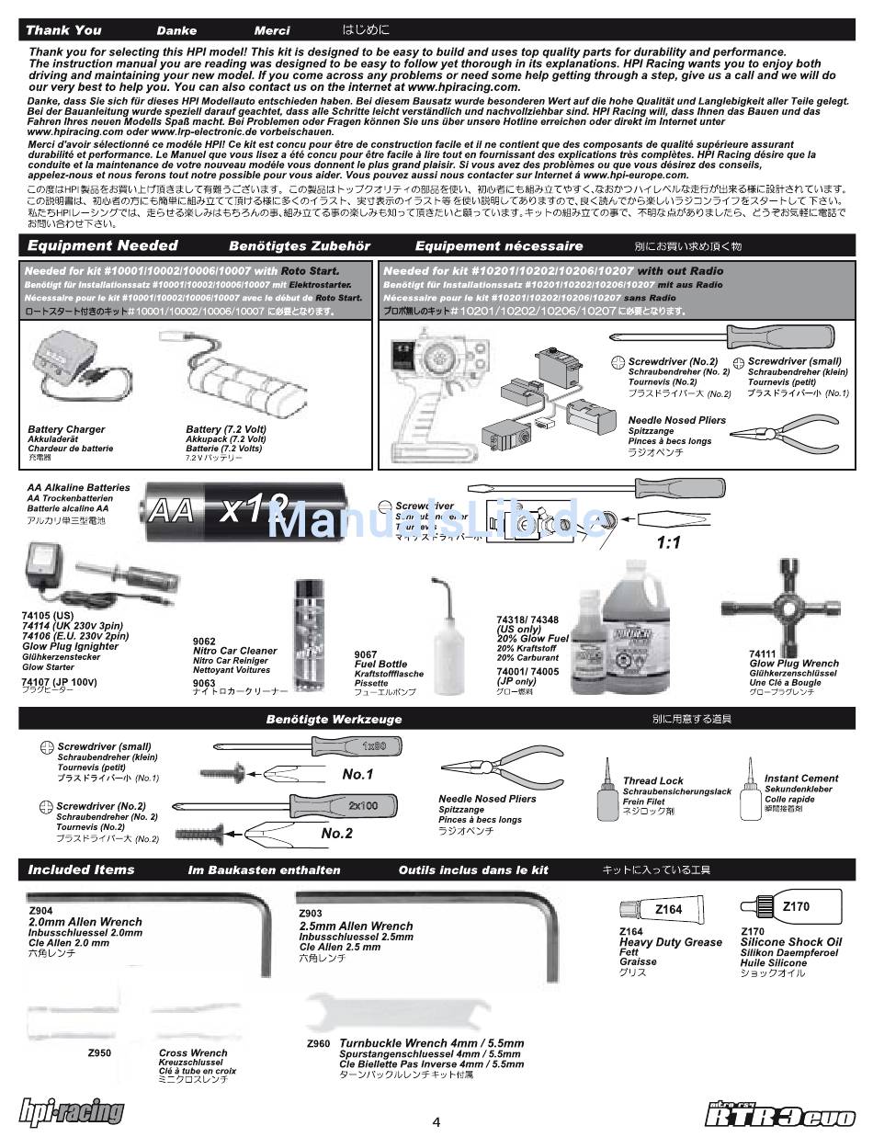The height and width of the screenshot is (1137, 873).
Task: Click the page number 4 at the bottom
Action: [436, 1121]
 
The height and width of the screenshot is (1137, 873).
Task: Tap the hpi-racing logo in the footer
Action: [72, 1111]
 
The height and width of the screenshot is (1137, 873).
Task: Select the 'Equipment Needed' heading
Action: [103, 245]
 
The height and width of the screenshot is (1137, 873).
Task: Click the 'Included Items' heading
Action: [81, 870]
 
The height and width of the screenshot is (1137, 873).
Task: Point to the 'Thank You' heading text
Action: [64, 30]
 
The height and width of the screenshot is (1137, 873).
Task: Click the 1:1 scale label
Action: [668, 542]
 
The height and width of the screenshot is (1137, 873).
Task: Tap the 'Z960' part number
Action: [318, 1044]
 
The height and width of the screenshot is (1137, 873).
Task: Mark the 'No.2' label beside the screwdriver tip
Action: [336, 833]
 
